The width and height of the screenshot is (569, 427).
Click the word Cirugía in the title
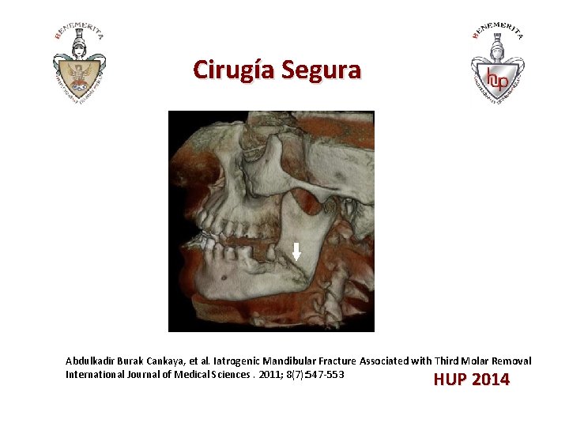pos(228,70)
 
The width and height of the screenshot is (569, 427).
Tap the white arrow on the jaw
pos(296,251)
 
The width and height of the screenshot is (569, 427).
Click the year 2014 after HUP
pos(491,380)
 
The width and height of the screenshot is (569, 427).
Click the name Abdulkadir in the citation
pos(91,361)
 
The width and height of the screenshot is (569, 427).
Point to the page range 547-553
pos(325,374)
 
